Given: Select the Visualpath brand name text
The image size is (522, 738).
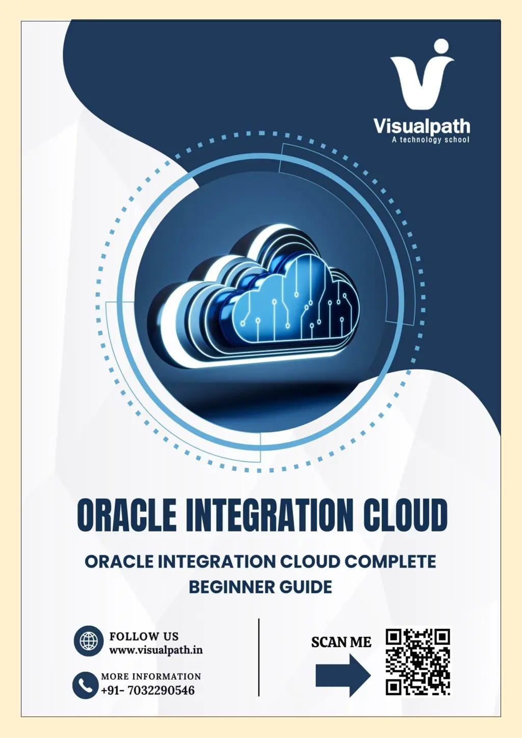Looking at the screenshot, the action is tap(422, 126).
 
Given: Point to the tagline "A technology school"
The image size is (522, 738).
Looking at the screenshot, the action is tap(430, 140).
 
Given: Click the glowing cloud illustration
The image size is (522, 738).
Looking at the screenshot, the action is tap(254, 297).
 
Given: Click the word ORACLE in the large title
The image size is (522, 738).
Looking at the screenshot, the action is tap(126, 515).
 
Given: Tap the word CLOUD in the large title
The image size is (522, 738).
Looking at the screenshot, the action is tap(405, 515).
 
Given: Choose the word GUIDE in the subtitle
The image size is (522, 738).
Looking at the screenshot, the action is tap(305, 587).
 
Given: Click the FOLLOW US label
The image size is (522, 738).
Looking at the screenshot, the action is tap(144, 636).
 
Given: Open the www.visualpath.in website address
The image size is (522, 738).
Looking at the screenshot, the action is tap(156, 650).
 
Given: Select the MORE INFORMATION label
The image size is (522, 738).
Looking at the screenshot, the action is tap(151, 676).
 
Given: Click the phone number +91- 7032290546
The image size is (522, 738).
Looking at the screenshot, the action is tap(148, 690).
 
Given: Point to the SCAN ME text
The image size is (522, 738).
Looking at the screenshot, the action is tap(341, 642).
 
